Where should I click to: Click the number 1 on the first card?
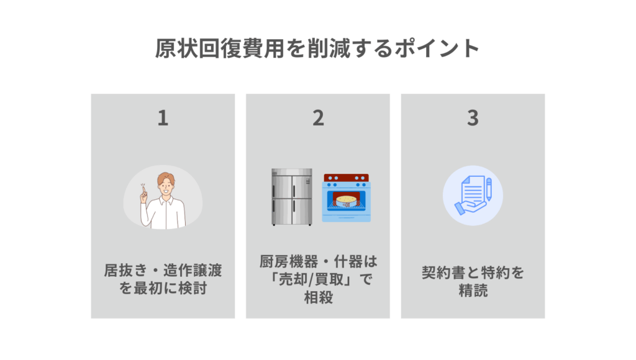pos(163,118)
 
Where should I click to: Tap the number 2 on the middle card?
pos(318,118)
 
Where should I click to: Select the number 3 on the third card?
pos(473,118)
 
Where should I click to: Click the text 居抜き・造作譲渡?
pos(163,271)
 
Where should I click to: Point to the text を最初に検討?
pos(163,289)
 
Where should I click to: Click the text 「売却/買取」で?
pos(318,280)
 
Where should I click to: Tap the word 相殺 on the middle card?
pos(318,298)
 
